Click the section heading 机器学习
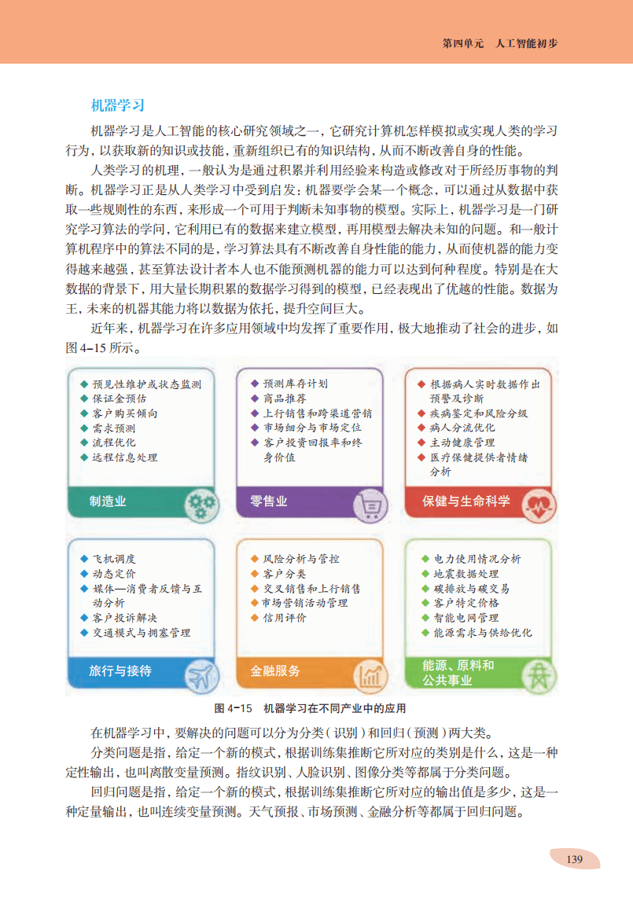(117, 105)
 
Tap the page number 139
(574, 859)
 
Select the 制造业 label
(108, 501)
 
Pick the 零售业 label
(269, 501)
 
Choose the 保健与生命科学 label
(466, 501)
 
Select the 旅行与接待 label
(120, 670)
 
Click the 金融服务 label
(275, 670)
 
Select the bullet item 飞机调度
(114, 558)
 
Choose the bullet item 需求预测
(114, 428)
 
